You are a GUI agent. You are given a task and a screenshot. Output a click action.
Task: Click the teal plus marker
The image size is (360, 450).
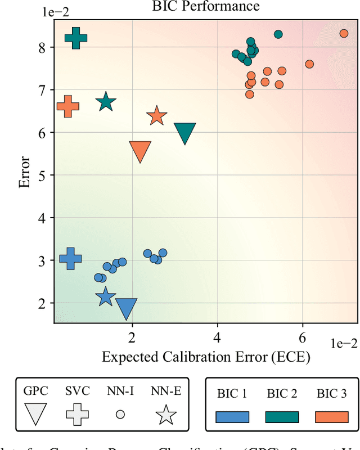tap(76, 38)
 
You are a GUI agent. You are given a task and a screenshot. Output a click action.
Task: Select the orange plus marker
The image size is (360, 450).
tap(68, 106)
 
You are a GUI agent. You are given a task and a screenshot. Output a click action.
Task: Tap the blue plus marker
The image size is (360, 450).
tap(71, 258)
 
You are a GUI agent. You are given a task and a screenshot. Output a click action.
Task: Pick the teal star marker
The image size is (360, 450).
tap(105, 102)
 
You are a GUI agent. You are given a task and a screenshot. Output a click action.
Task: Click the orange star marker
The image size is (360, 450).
tap(157, 116)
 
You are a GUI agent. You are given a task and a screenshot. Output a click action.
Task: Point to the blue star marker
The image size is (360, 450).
tap(105, 296)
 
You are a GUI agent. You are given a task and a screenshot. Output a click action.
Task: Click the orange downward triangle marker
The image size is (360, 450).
tap(140, 151)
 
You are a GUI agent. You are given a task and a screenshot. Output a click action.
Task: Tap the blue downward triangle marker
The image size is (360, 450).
tap(127, 308)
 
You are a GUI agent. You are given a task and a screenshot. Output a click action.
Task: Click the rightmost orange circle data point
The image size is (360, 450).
tap(344, 33)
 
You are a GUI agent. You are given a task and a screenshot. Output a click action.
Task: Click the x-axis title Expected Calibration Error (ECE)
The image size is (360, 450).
tap(205, 357)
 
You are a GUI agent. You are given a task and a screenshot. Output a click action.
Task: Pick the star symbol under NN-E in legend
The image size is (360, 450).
tap(166, 415)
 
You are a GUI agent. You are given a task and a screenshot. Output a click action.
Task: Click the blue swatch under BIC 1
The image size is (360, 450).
tap(232, 416)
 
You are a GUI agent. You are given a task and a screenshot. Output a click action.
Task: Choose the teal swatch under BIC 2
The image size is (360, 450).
tap(282, 416)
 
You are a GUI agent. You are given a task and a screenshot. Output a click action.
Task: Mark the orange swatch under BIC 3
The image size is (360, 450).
tap(331, 416)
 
